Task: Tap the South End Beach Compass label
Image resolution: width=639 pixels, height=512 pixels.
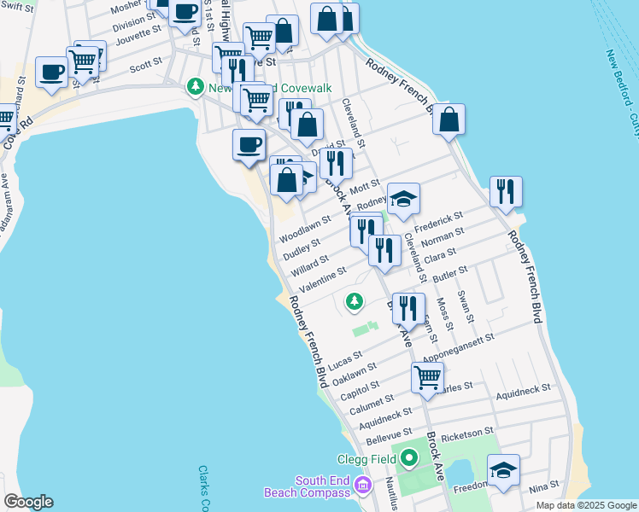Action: coord(324,486)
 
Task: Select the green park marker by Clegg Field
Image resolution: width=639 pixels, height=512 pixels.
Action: coord(408,459)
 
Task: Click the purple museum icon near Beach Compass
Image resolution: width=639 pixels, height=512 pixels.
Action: coord(364,486)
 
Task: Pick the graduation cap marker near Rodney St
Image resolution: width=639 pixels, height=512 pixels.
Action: coord(403,199)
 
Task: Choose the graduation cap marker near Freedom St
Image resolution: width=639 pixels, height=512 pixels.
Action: coord(503,470)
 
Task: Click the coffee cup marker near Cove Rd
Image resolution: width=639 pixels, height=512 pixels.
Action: coord(51,73)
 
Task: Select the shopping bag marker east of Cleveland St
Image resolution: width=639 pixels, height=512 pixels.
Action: coord(448,120)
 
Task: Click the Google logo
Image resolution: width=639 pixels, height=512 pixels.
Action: coord(28,502)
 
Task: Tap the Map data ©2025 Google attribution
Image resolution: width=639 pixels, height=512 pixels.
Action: coord(585,505)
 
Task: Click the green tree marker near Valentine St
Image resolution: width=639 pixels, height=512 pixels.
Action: coord(354,300)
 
